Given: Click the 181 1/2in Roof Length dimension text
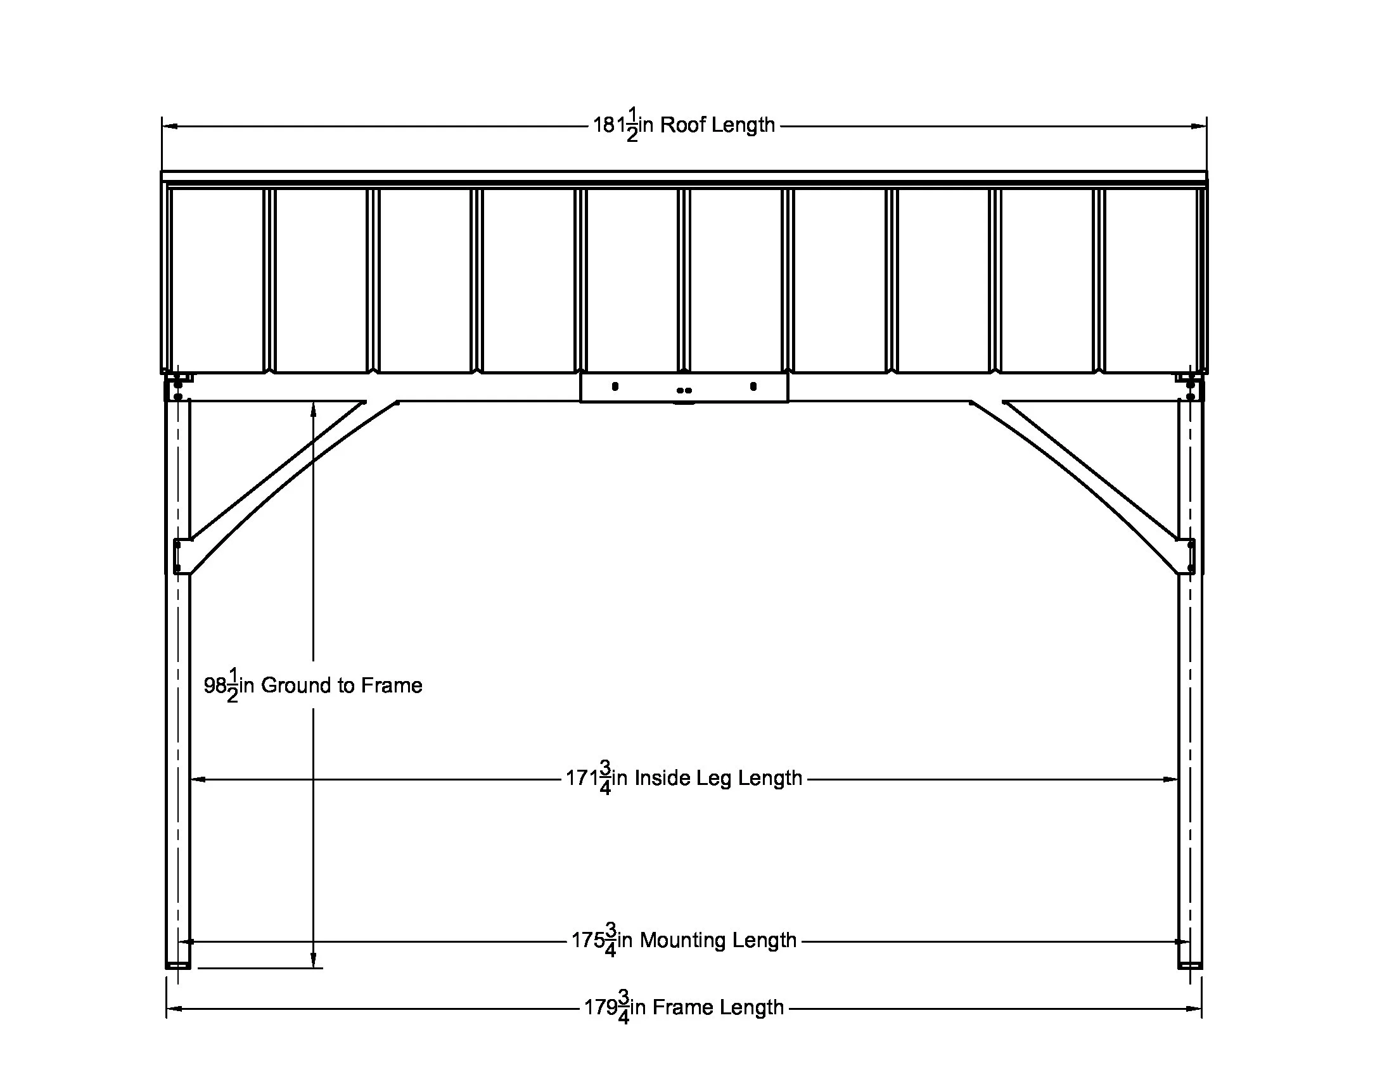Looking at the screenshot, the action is (x=684, y=125).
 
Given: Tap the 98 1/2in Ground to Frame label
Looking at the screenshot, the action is (x=313, y=685).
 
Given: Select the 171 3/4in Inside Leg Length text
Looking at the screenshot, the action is (x=684, y=779).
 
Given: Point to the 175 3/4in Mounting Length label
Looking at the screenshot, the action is (x=684, y=940).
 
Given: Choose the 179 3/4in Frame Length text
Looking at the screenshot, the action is (x=684, y=1007).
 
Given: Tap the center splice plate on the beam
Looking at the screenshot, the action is (x=684, y=387).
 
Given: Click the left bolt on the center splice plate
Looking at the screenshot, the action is (x=615, y=386).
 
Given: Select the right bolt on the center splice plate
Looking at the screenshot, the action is (x=753, y=386).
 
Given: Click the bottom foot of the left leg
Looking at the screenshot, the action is (x=178, y=965).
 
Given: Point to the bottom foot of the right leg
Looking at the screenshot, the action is (x=1190, y=965).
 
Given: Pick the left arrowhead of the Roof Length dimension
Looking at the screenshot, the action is (x=169, y=126).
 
